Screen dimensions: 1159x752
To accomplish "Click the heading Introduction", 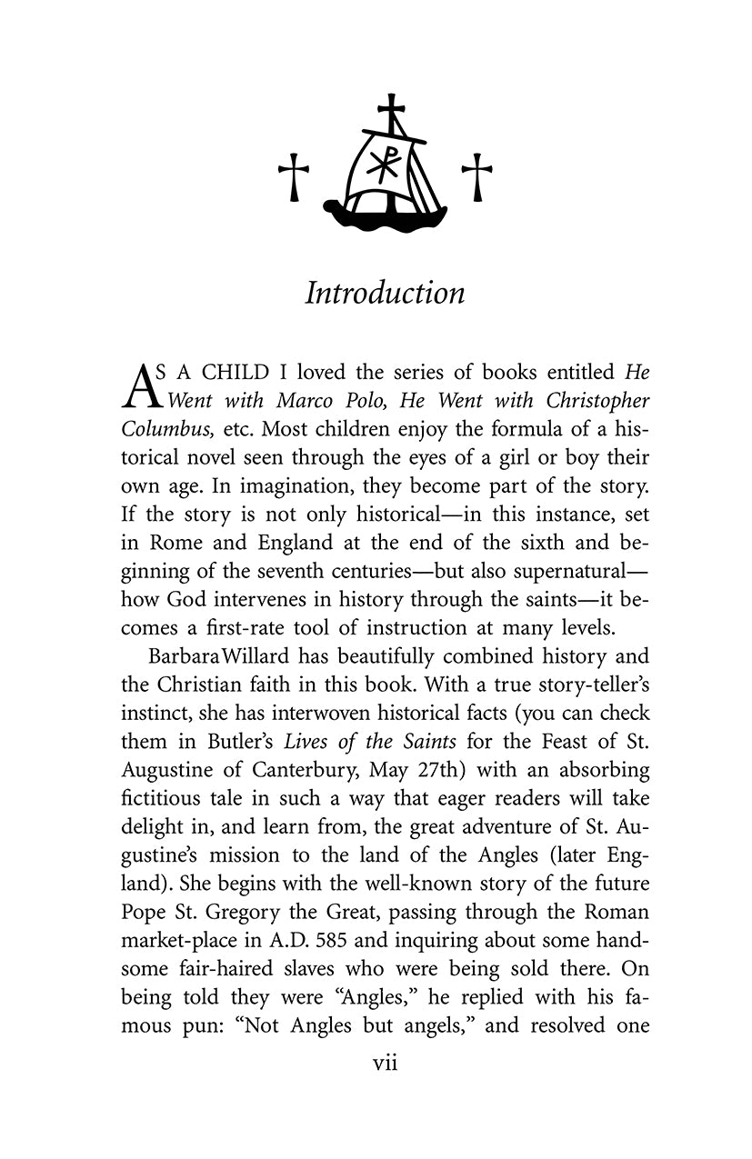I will pos(385,294).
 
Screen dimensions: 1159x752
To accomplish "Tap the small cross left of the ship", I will pos(293,176).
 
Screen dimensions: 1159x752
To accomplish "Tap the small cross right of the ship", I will pos(476,176).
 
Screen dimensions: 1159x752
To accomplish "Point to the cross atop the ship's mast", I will pos(391,112).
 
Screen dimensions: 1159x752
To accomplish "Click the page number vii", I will pos(386,1063).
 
